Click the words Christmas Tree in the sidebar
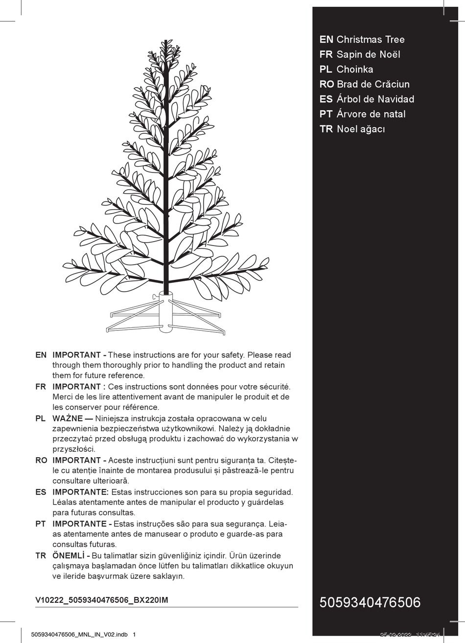point(371,40)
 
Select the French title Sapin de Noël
point(368,54)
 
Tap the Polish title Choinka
point(354,69)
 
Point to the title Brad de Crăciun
point(373,84)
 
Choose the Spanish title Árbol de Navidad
point(375,99)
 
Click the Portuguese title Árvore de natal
point(371,114)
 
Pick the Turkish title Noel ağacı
point(361,129)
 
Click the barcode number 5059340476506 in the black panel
point(370,602)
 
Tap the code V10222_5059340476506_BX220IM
point(102,600)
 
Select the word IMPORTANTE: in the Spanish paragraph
point(80,492)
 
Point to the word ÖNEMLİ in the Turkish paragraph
point(69,556)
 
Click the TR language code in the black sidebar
point(326,129)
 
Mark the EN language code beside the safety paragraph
point(41,355)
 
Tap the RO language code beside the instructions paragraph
point(41,461)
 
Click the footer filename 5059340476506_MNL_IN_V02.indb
point(79,634)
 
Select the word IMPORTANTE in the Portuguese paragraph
point(79,524)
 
